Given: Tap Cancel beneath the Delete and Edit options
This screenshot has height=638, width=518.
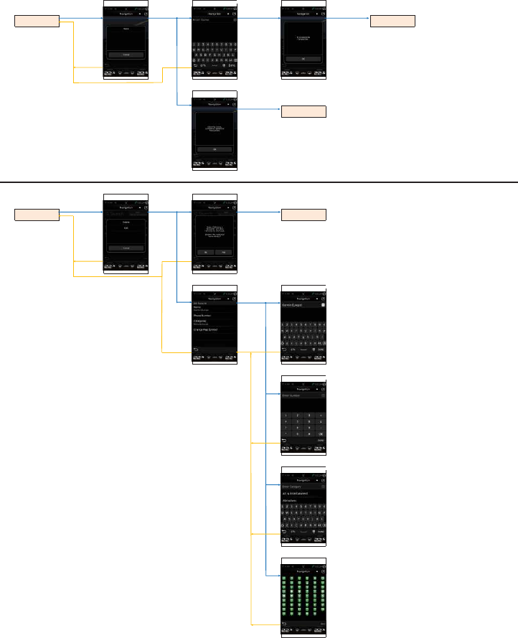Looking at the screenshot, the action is pos(126,248).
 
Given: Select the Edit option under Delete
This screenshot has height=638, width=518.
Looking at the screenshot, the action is pos(126,230).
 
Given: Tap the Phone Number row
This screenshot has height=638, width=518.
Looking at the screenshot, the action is pos(214,314).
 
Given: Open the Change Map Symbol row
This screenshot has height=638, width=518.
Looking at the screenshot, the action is pos(214,329).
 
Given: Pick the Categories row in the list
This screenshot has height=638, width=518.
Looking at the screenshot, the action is pos(214,322).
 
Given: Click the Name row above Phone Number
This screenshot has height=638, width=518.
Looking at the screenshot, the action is pos(214,307).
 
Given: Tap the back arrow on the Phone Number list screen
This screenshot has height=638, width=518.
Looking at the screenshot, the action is pos(196,350).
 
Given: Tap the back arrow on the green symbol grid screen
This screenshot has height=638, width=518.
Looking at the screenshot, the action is pos(284,624).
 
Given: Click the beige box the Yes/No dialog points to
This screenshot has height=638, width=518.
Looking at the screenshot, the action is pos(303,215).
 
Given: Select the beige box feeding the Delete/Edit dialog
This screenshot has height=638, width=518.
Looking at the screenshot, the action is pos(37,215).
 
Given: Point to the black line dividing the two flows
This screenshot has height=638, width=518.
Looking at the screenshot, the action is pos(259,182).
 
